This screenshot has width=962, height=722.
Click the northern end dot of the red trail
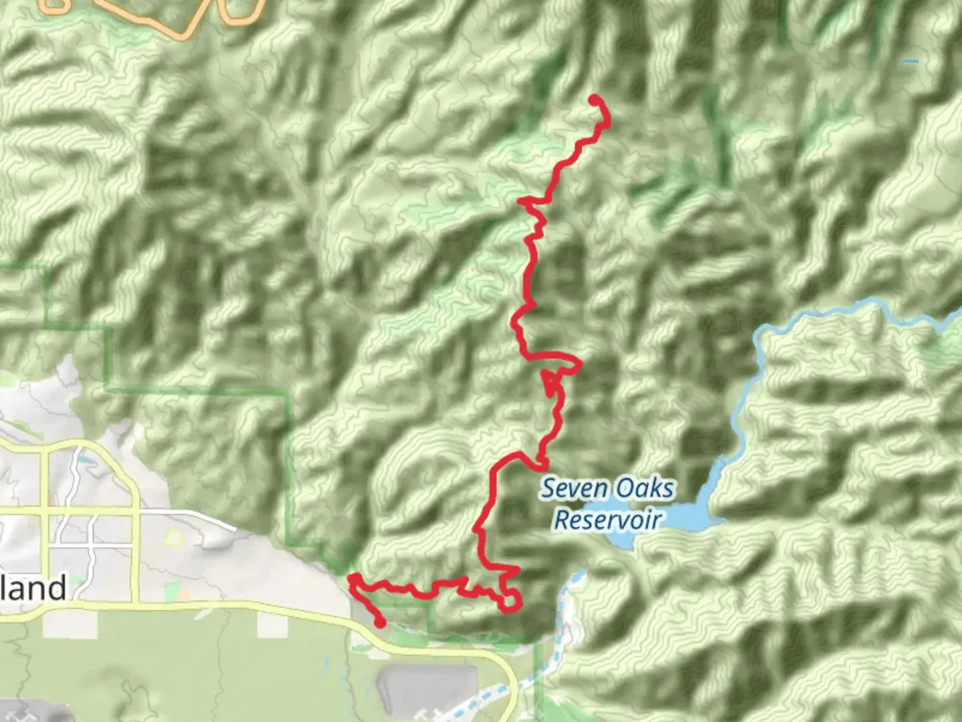(x=593, y=100)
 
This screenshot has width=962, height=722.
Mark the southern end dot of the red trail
(x=380, y=623)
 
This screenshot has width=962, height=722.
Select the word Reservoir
(x=608, y=519)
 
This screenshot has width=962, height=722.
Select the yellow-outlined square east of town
(x=174, y=537)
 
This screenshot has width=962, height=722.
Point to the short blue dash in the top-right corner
(x=910, y=62)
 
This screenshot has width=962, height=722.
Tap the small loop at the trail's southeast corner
(x=512, y=600)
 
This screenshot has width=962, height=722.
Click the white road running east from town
(x=194, y=515)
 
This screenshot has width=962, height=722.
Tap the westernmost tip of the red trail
(x=351, y=580)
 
